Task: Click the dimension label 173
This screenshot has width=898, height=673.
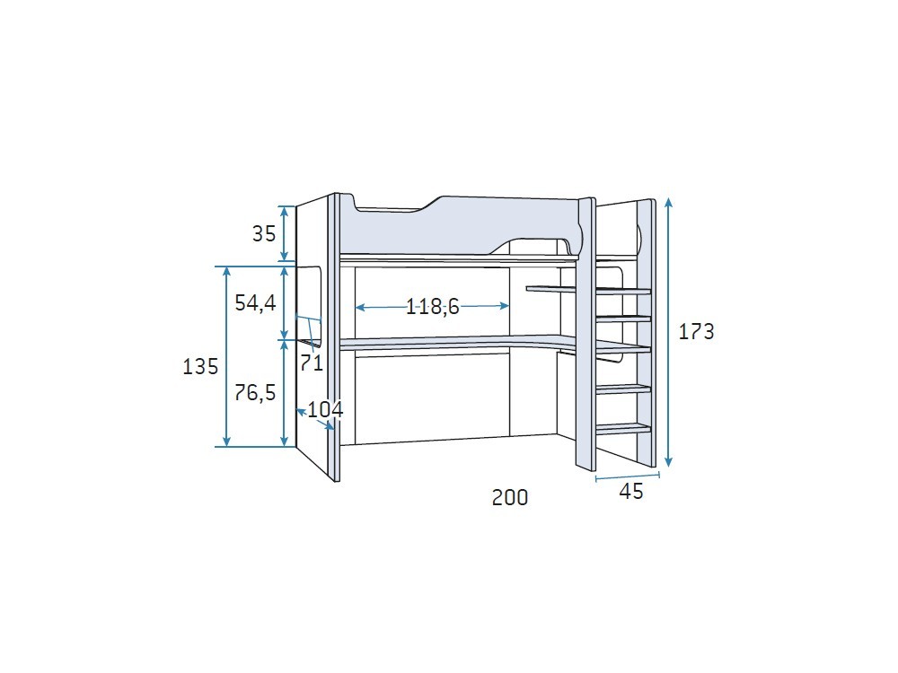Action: [x=696, y=332]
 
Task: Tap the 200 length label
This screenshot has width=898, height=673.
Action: [x=510, y=497]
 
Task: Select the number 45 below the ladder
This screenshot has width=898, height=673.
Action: [x=631, y=492]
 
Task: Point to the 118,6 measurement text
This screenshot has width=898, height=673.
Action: [x=432, y=307]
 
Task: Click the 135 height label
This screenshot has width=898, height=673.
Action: [x=200, y=367]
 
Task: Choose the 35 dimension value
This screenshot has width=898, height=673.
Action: [x=263, y=234]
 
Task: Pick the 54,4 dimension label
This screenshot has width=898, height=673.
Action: [x=255, y=303]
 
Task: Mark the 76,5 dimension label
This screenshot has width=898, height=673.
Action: [x=255, y=392]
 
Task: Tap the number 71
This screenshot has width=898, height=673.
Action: [x=312, y=363]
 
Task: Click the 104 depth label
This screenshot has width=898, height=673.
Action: [x=325, y=410]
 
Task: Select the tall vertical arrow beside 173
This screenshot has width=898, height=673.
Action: [x=668, y=332]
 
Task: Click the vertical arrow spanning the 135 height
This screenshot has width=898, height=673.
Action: [x=227, y=356]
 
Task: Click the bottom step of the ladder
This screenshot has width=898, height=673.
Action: [x=623, y=428]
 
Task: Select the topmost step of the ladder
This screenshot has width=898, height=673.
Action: [x=623, y=290]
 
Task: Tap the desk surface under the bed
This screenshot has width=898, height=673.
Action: [x=449, y=343]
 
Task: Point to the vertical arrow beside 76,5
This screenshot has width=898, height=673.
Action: [x=285, y=392]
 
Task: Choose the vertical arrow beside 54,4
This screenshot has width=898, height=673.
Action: [x=285, y=302]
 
